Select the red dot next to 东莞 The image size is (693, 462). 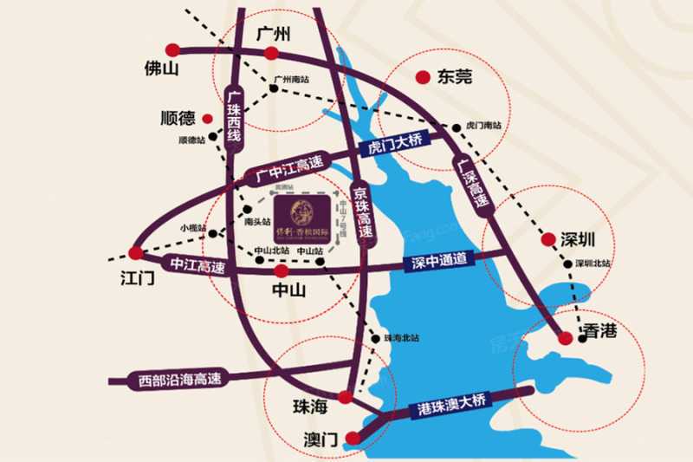[423, 77]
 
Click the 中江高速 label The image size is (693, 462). [197, 266]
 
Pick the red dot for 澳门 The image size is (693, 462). [351, 438]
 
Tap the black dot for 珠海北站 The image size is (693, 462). [375, 337]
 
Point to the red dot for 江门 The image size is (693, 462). [134, 253]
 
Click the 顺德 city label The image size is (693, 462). [178, 118]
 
